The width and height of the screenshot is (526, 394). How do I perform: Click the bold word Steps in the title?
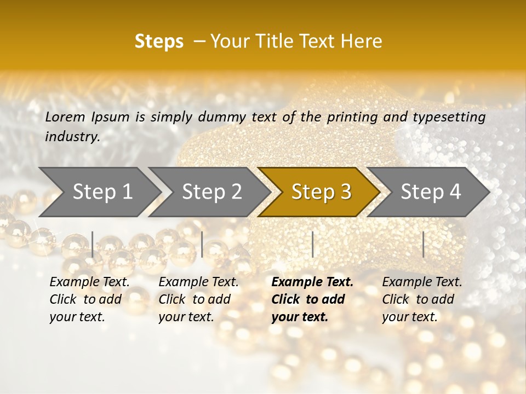[x=159, y=42]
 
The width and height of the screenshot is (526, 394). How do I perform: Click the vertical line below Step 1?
[x=93, y=244]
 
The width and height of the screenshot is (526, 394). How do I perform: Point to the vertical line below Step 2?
[x=202, y=244]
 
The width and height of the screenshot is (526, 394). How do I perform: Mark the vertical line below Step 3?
[x=312, y=244]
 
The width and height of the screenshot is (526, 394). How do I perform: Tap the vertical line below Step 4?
[x=423, y=244]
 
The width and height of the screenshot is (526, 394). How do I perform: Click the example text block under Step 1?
[x=89, y=299]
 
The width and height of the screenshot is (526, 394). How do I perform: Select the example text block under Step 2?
[x=198, y=299]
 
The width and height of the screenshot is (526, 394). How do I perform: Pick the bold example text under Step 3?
[x=312, y=299]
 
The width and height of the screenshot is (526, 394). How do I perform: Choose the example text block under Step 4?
[x=422, y=299]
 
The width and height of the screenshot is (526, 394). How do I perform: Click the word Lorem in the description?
[x=65, y=117]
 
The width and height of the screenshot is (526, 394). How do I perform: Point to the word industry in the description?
[x=72, y=137]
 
